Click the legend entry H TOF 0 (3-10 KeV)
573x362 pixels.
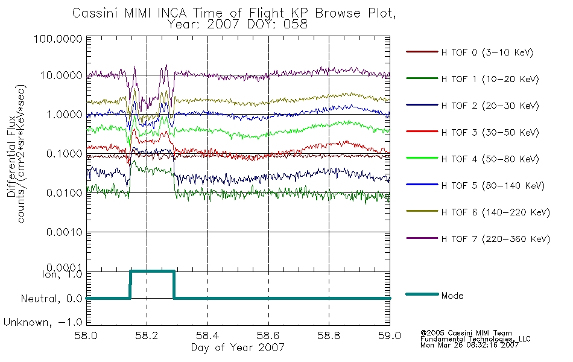487,52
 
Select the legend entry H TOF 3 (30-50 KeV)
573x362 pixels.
490,132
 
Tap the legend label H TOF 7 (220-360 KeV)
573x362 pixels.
496,239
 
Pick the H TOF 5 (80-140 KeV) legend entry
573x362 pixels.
493,186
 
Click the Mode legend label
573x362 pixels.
452,296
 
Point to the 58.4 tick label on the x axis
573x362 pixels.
207,335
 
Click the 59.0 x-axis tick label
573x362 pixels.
390,335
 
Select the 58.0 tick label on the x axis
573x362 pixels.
86,335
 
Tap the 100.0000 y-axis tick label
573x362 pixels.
58,39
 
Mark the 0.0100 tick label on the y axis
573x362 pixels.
65,192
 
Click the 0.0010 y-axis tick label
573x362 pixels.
65,232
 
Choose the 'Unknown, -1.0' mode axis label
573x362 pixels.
43,323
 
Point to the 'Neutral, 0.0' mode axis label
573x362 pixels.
51,299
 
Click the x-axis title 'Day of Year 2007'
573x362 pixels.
238,348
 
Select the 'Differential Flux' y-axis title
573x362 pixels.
11,156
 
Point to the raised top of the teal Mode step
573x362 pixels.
152,271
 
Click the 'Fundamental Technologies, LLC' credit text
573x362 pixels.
475,339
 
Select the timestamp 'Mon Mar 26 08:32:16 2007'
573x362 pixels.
469,345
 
